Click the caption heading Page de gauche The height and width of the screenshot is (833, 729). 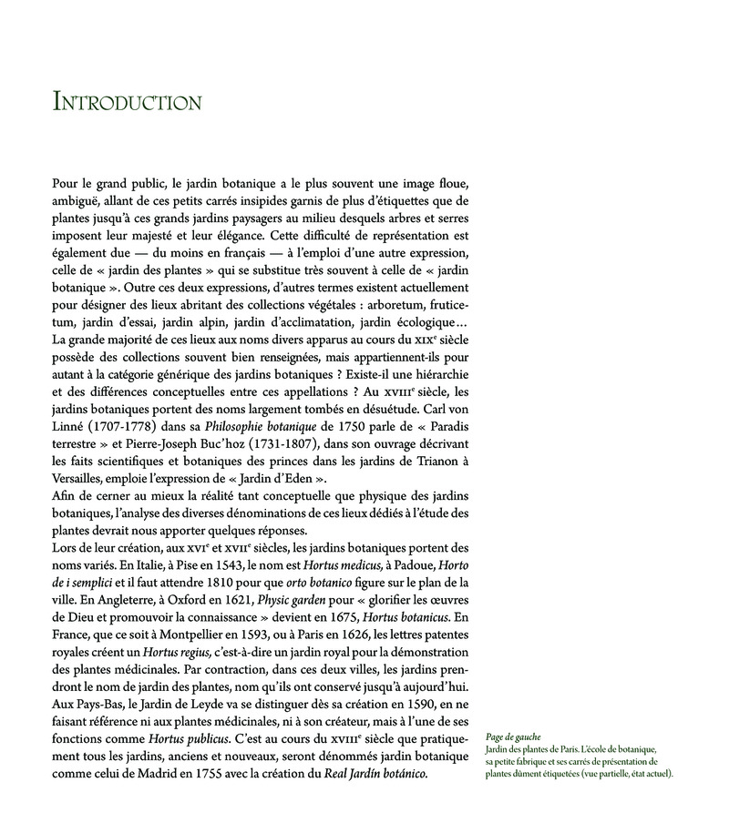click(514, 736)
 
